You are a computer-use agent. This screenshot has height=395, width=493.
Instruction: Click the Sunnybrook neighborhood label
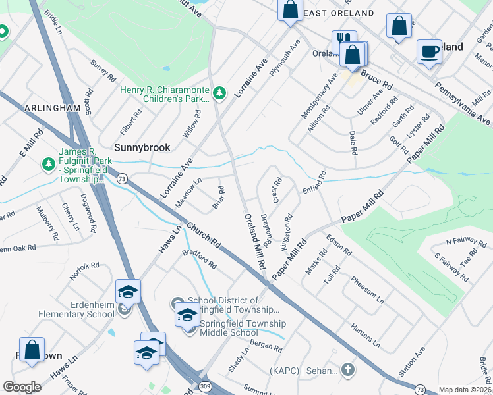142,148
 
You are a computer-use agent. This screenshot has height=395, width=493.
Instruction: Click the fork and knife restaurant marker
342,41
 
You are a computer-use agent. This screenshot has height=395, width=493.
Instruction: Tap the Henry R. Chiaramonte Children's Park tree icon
220,94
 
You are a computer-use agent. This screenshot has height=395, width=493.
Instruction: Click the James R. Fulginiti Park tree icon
47,163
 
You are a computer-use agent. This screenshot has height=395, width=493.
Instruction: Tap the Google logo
22,387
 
